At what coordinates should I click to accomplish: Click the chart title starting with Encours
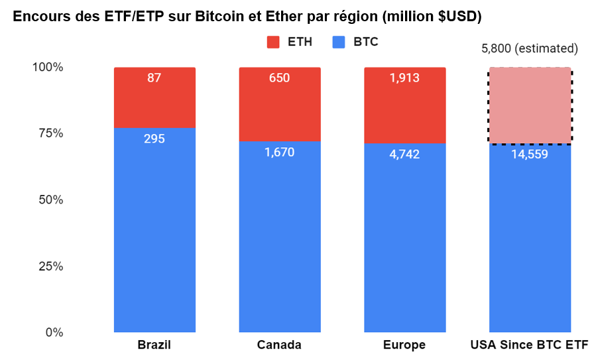tap(247, 17)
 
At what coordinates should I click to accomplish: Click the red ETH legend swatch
tap(273, 42)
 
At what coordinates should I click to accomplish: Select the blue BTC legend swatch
tap(339, 42)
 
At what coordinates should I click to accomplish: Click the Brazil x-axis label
tap(154, 345)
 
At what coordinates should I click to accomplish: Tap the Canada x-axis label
tap(279, 345)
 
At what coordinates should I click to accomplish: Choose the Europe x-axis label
tap(404, 345)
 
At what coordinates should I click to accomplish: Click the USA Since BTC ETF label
tap(529, 345)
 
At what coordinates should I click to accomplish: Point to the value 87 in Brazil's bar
tap(154, 78)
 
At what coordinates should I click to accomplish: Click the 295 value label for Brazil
tap(154, 139)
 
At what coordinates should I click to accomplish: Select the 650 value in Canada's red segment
tap(279, 78)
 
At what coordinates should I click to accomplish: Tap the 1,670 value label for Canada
tap(279, 152)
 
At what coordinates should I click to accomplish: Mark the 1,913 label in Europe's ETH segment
tap(404, 78)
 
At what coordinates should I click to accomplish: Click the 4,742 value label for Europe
tap(404, 154)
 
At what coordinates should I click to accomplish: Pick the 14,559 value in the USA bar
tap(529, 154)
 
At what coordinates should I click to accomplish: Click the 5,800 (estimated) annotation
tap(529, 48)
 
